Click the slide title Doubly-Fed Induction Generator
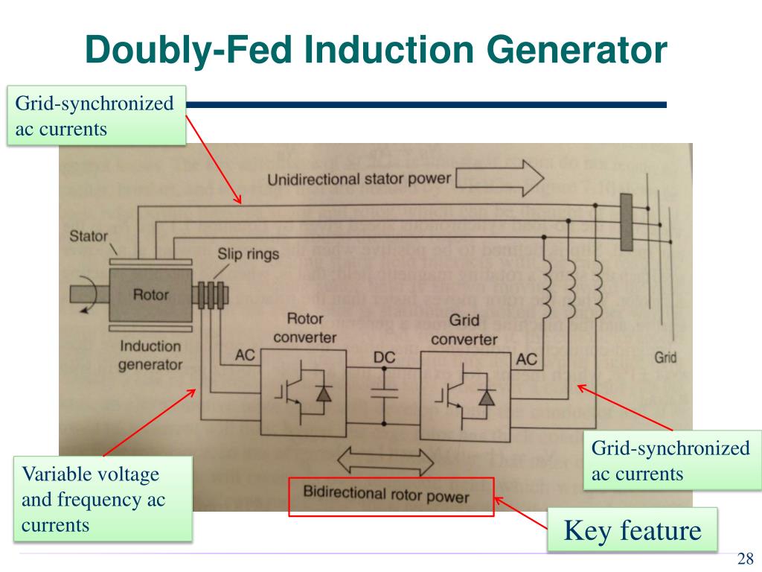(x=375, y=50)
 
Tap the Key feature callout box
(x=633, y=530)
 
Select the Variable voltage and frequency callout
(x=103, y=499)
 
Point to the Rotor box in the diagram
(x=150, y=295)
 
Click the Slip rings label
(x=248, y=254)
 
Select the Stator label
(x=88, y=238)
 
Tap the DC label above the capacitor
(x=384, y=357)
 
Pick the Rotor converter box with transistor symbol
(x=302, y=393)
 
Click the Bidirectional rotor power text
(x=386, y=495)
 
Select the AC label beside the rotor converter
(x=245, y=355)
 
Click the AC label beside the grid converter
(x=526, y=359)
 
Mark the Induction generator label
(x=151, y=355)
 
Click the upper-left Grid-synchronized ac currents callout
(x=96, y=116)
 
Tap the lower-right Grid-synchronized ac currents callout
(x=671, y=461)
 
